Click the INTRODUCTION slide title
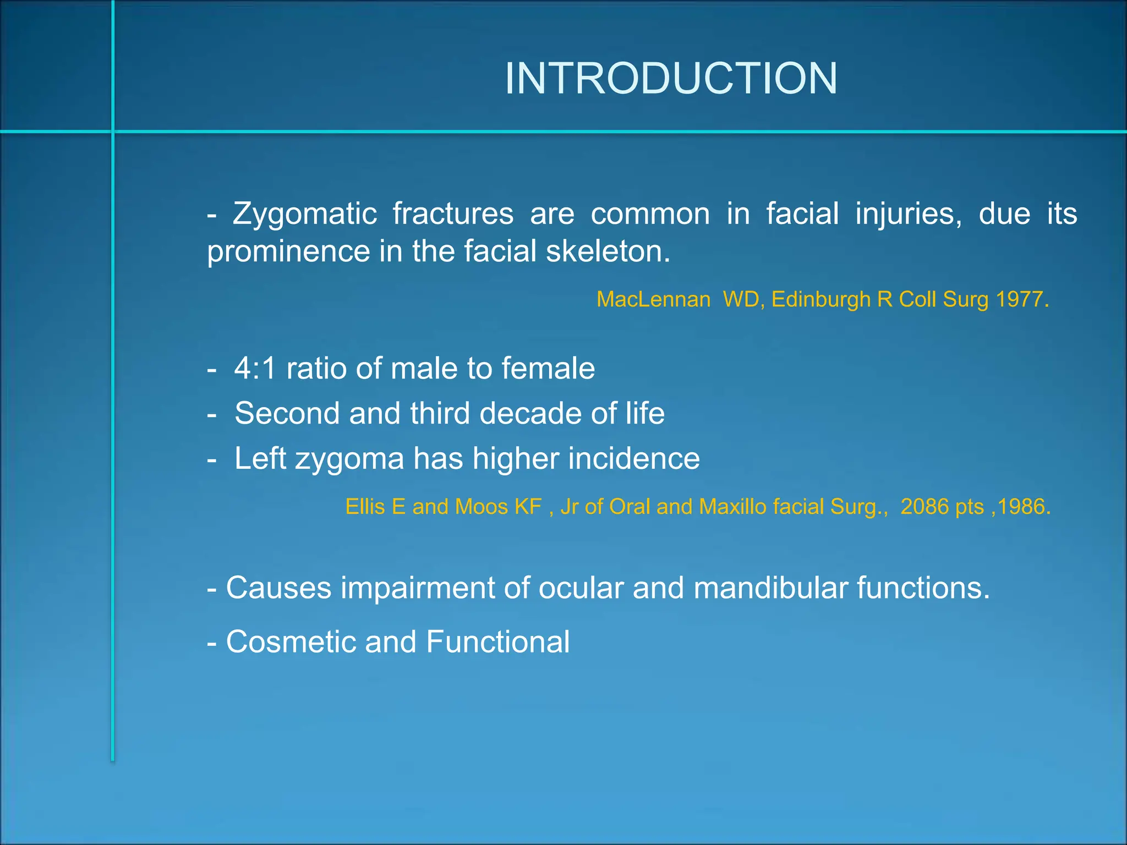click(x=671, y=79)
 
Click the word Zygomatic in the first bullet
click(x=304, y=213)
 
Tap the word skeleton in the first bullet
click(x=608, y=251)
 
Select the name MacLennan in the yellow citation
click(x=653, y=299)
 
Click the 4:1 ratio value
click(x=255, y=368)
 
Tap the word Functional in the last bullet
click(x=497, y=641)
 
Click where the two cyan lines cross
click(x=113, y=131)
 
